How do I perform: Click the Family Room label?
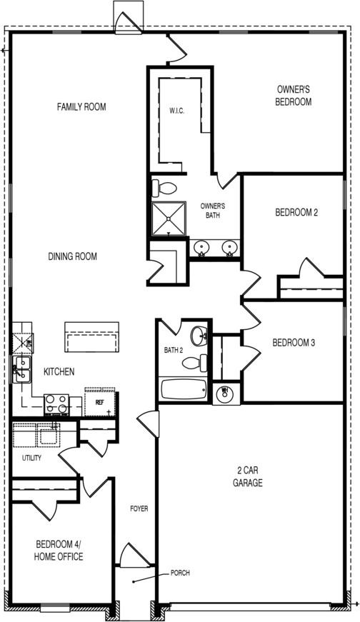pyautogui.click(x=81, y=107)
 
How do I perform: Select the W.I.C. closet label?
pyautogui.click(x=177, y=111)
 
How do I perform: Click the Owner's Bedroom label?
pyautogui.click(x=294, y=96)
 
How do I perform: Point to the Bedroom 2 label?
pyautogui.click(x=296, y=212)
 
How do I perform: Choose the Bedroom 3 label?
pyautogui.click(x=294, y=343)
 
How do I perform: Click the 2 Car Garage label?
pyautogui.click(x=249, y=476)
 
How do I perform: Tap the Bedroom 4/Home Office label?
pyautogui.click(x=59, y=550)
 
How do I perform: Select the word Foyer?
pyautogui.click(x=139, y=508)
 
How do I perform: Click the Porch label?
pyautogui.click(x=180, y=573)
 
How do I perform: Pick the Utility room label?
pyautogui.click(x=31, y=458)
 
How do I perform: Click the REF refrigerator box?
pyautogui.click(x=99, y=403)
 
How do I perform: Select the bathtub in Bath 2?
pyautogui.click(x=184, y=389)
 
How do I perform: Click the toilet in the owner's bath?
pyautogui.click(x=166, y=189)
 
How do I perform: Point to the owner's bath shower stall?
pyautogui.click(x=167, y=219)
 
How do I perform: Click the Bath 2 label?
pyautogui.click(x=174, y=350)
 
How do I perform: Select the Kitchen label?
pyautogui.click(x=59, y=372)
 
